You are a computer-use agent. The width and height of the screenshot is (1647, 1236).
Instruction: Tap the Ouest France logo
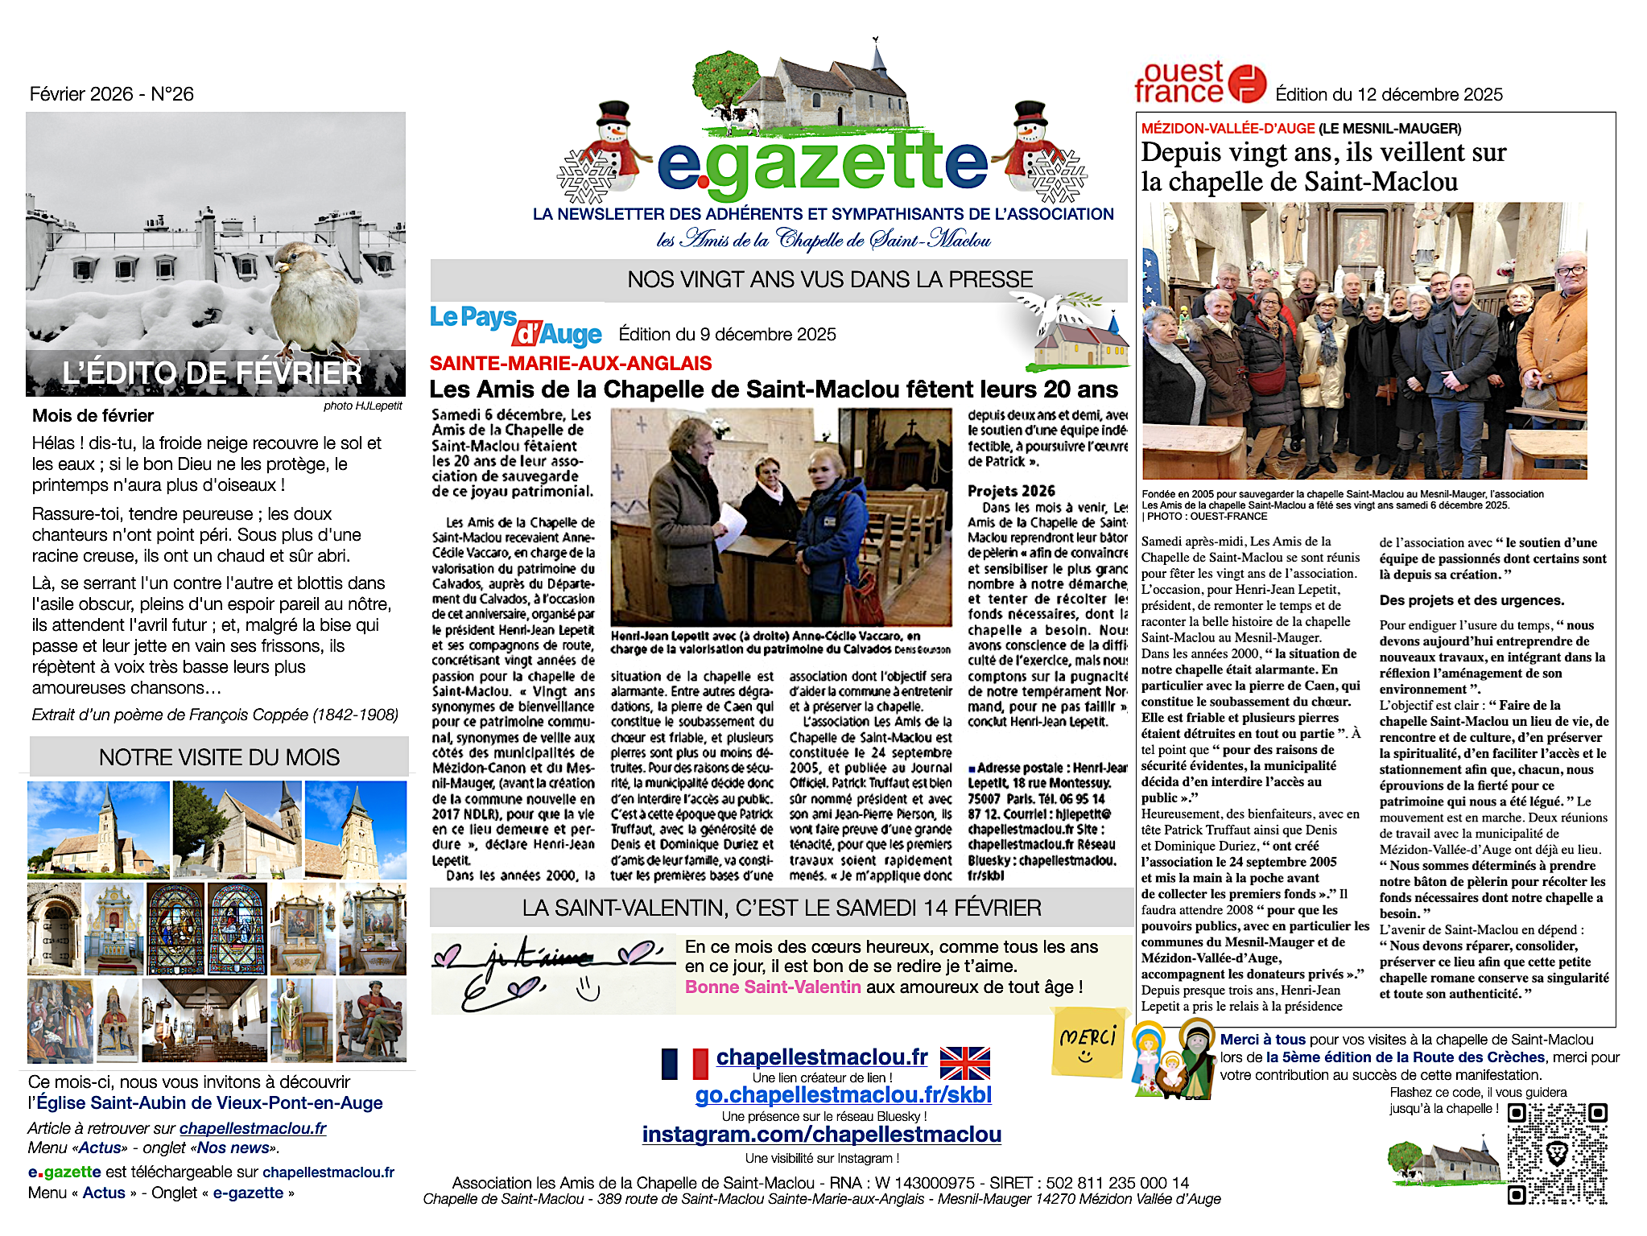pyautogui.click(x=1199, y=83)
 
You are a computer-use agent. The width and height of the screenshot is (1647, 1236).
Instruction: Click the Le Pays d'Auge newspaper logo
pyautogui.click(x=515, y=325)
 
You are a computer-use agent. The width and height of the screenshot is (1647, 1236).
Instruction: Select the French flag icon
pyautogui.click(x=684, y=1063)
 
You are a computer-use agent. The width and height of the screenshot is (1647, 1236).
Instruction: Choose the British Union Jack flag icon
pyautogui.click(x=964, y=1063)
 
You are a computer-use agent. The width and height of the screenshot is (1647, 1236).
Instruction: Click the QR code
pyautogui.click(x=1557, y=1153)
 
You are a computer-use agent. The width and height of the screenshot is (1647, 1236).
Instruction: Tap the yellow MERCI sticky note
pyautogui.click(x=1088, y=1042)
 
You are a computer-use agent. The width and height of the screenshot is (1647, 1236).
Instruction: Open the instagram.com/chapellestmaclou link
pyautogui.click(x=821, y=1135)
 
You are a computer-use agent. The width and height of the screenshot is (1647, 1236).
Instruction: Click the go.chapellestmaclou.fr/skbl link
pyautogui.click(x=843, y=1095)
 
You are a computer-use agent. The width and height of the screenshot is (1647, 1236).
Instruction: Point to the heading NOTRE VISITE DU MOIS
pyautogui.click(x=219, y=757)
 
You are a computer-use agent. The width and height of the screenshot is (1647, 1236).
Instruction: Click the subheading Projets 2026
pyautogui.click(x=1011, y=491)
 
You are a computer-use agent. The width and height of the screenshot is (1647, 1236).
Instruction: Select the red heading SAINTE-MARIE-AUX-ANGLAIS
pyautogui.click(x=571, y=363)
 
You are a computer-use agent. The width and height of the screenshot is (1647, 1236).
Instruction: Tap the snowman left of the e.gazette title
pyautogui.click(x=614, y=145)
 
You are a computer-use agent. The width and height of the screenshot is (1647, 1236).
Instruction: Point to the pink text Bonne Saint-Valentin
pyautogui.click(x=773, y=987)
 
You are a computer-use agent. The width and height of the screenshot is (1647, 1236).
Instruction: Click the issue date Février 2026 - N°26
pyautogui.click(x=112, y=94)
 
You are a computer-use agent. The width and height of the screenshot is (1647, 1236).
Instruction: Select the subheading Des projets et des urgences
pyautogui.click(x=1460, y=600)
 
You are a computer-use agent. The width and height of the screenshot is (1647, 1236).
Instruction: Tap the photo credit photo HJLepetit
pyautogui.click(x=362, y=406)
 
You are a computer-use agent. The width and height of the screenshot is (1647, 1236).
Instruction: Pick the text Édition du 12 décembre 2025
pyautogui.click(x=1389, y=94)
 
